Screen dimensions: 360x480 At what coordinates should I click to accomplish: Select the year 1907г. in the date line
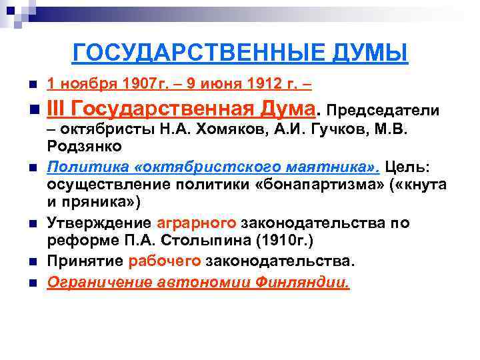148,85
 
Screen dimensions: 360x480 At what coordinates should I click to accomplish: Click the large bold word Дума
284,107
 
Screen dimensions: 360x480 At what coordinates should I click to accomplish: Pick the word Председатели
383,109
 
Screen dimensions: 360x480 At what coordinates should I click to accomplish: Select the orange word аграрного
197,223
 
